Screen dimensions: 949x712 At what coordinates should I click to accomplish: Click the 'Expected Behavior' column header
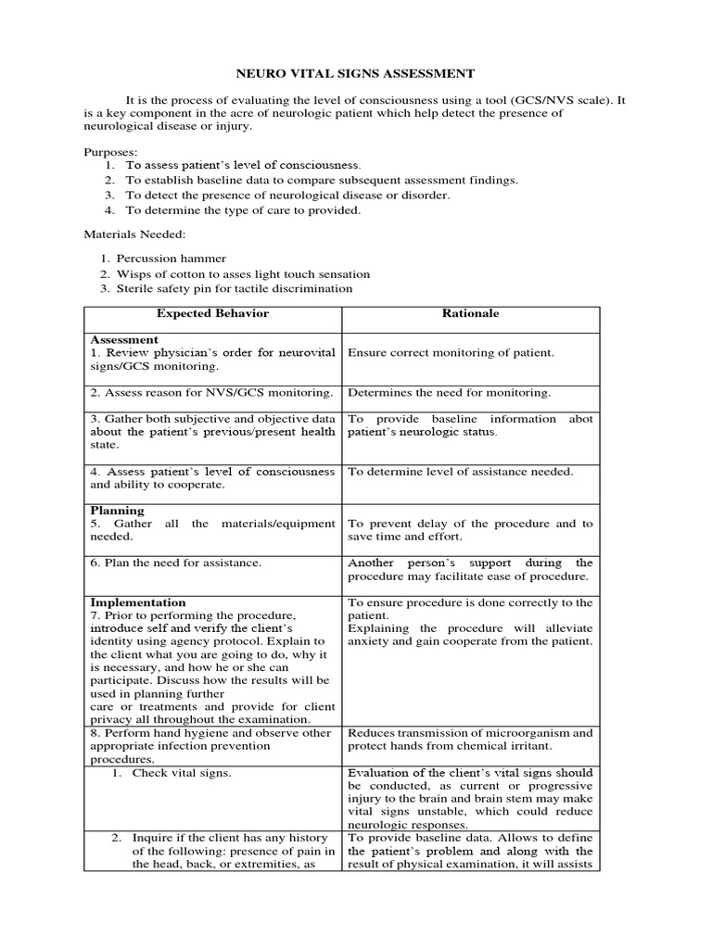click(x=212, y=313)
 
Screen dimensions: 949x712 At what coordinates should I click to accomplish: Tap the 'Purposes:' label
click(x=110, y=151)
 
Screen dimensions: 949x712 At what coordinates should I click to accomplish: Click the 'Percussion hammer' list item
click(x=171, y=259)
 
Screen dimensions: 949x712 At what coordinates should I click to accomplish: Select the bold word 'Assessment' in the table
click(x=124, y=340)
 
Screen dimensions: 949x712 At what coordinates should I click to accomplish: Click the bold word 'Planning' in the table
click(x=117, y=510)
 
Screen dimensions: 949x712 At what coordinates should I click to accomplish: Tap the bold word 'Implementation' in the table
click(x=138, y=602)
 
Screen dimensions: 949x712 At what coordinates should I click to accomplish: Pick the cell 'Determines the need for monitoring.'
click(x=449, y=393)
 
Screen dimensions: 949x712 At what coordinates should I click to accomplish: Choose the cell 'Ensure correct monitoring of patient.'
click(x=451, y=353)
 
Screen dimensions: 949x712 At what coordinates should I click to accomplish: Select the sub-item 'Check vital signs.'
click(x=181, y=773)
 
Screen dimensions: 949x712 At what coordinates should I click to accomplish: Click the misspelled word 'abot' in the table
click(x=581, y=419)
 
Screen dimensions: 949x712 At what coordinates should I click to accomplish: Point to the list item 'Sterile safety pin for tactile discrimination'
click(x=235, y=288)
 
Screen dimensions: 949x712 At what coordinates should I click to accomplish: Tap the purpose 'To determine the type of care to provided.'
click(x=243, y=209)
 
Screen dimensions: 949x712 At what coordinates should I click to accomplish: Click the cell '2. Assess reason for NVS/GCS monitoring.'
click(x=211, y=393)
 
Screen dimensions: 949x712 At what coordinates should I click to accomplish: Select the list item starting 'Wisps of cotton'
click(x=243, y=273)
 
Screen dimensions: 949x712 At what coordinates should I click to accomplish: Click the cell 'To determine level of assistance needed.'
click(x=460, y=472)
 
